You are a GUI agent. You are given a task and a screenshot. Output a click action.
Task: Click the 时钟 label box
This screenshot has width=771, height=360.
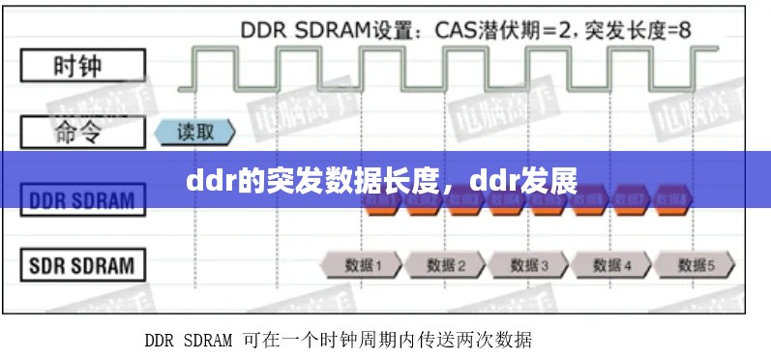point(83,68)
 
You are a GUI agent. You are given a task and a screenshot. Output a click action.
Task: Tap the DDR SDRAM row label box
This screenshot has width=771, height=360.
point(83,201)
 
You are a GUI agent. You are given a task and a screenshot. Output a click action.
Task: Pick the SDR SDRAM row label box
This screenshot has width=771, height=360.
point(83,264)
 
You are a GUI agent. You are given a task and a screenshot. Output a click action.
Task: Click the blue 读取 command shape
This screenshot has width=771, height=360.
point(195,133)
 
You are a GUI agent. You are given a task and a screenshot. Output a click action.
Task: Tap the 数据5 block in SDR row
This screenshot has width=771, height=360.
point(695,264)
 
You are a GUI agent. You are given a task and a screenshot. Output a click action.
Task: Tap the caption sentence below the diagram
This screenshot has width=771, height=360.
point(338,340)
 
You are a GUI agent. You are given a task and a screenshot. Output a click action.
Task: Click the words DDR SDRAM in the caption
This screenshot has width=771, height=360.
point(189,340)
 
